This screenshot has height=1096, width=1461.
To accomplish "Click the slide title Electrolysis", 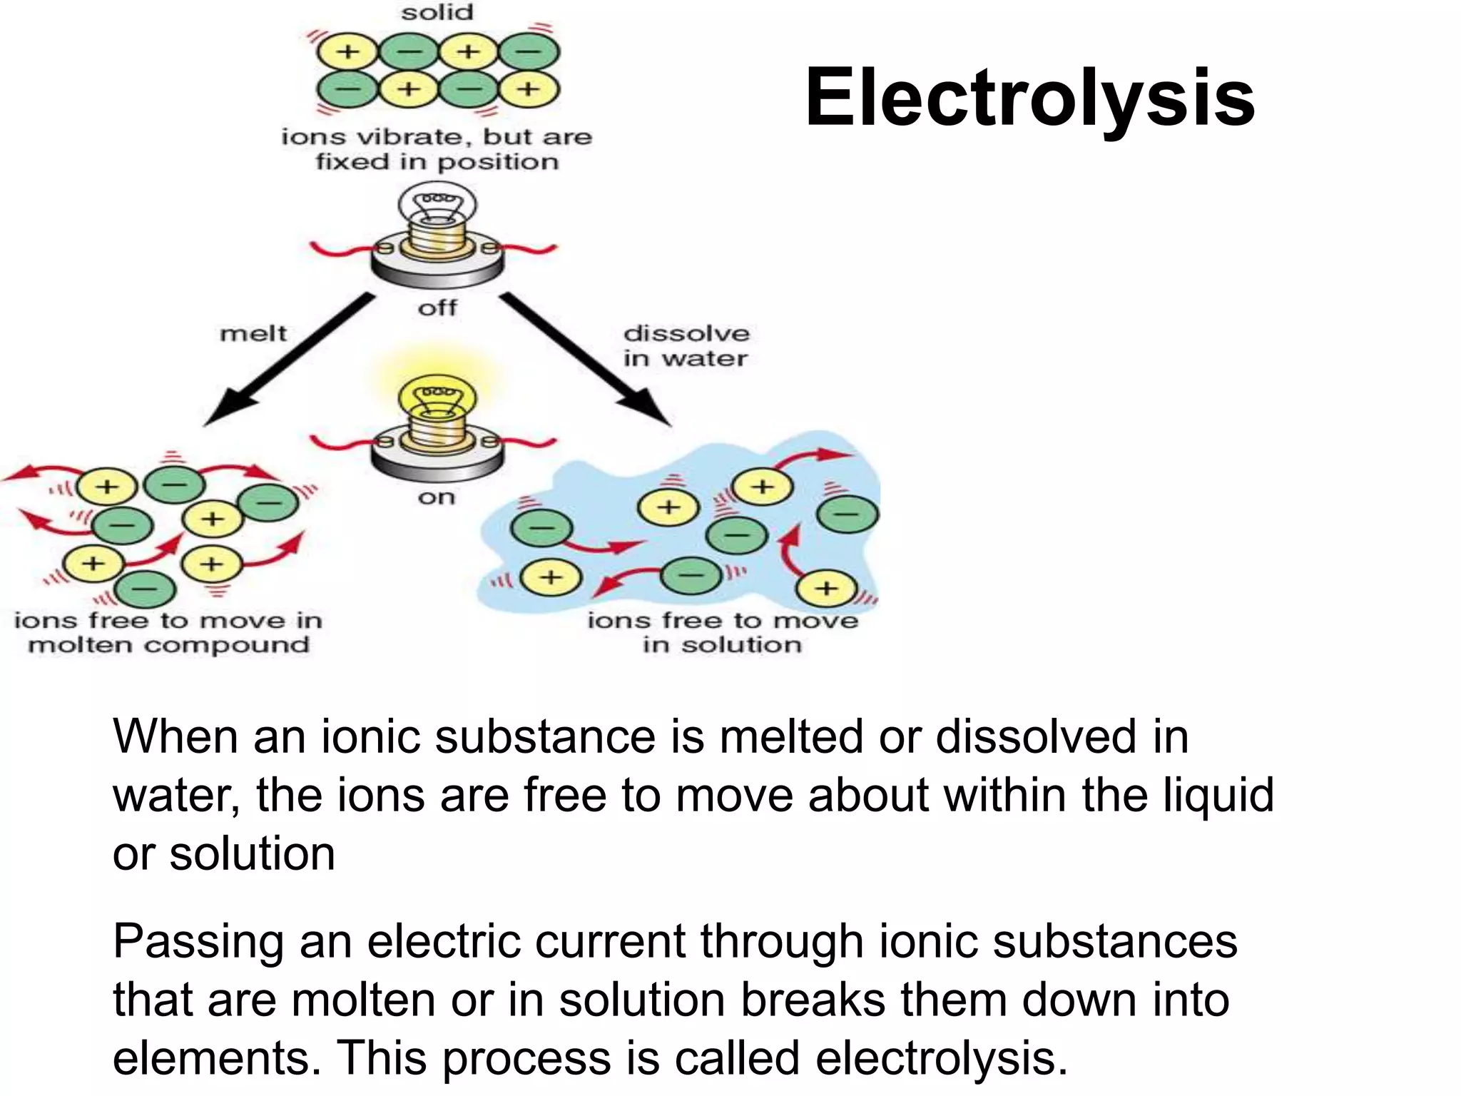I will (1029, 98).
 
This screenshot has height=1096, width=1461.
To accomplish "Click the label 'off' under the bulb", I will (437, 308).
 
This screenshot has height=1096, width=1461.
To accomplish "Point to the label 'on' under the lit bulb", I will (437, 497).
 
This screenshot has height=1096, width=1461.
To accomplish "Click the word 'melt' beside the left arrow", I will (253, 333).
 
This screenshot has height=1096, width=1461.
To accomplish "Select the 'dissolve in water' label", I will (686, 346).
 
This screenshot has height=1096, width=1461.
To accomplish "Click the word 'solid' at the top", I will (437, 12).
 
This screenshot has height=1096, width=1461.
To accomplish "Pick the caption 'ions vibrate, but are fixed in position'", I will (437, 149).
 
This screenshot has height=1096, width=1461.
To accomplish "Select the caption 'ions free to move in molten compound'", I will (168, 633).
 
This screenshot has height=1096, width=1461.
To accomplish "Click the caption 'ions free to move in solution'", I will (722, 633).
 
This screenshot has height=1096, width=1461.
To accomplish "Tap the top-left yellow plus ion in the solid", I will (348, 51).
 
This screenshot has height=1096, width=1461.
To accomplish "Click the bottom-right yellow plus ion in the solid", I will (528, 89).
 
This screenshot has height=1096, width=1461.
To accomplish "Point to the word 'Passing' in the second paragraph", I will (197, 942).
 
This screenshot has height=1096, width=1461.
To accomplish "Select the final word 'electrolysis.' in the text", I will (942, 1057).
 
